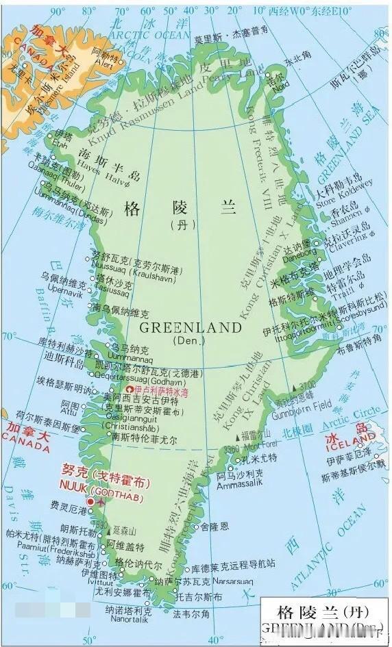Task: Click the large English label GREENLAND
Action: coord(195,327)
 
